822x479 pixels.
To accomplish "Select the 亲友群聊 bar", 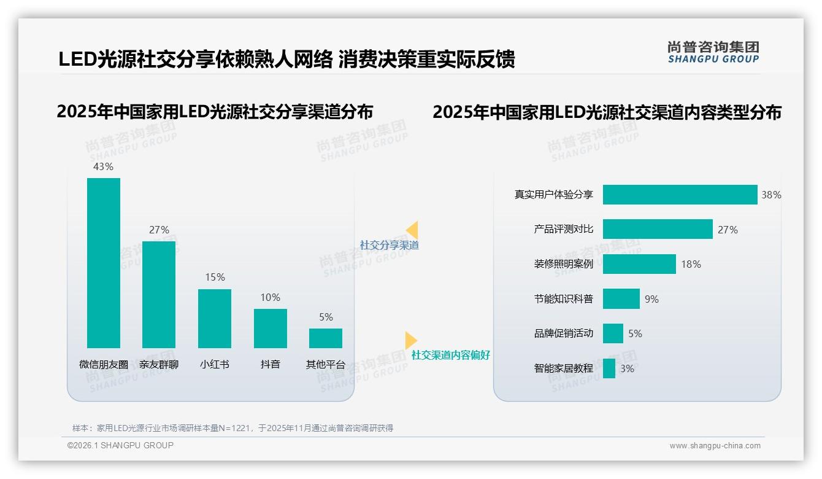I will point(159,295).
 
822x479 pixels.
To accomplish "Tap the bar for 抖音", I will point(270,329).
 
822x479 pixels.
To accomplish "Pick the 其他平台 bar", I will point(326,338).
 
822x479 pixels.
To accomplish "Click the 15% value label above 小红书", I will point(215,278).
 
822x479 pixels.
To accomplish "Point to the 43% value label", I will point(103,166).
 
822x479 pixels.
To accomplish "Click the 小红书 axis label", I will point(215,364).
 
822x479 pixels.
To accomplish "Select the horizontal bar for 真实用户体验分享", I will point(680,195).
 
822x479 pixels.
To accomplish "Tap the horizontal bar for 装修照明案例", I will point(639,264).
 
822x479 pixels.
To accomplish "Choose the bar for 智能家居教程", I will point(609,368).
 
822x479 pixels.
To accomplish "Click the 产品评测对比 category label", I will point(563,229).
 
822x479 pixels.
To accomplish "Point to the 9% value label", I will point(651,299).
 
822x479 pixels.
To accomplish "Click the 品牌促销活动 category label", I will point(563,333).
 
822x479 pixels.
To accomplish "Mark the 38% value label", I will point(771,195).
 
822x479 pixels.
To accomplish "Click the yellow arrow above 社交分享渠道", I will point(412,230).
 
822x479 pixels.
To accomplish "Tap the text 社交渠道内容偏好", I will point(450,355).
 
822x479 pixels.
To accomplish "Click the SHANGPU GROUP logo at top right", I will point(713,52).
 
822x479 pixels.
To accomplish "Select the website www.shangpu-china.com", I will point(715,446).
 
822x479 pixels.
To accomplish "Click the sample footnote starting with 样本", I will point(232,428).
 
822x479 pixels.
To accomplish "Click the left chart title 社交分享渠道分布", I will point(215,112).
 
